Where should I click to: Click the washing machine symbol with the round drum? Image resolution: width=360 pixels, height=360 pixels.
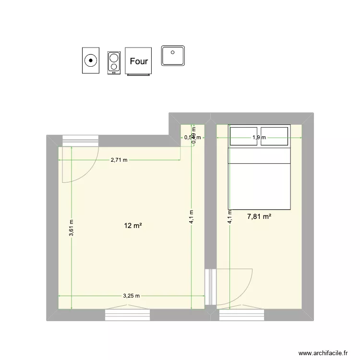point(90,60)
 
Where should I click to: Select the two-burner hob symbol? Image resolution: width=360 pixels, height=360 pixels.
point(113,62)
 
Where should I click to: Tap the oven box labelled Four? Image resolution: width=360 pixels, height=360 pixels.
point(138,61)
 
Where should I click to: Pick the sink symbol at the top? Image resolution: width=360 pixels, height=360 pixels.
point(173,56)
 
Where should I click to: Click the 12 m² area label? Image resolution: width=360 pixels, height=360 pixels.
point(134,226)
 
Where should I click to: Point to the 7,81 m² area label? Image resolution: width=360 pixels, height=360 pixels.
point(259,217)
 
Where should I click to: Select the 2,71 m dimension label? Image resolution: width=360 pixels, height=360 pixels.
point(119,160)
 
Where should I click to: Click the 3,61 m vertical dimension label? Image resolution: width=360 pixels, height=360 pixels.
point(72,228)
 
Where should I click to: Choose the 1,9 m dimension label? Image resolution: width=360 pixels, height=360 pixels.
point(260,138)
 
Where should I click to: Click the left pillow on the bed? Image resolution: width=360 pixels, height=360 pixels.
point(245,135)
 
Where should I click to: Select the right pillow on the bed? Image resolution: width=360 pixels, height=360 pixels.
point(275,135)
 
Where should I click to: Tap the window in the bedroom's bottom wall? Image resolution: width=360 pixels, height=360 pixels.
point(242,314)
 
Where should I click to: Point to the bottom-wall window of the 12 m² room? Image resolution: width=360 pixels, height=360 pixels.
point(127,314)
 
